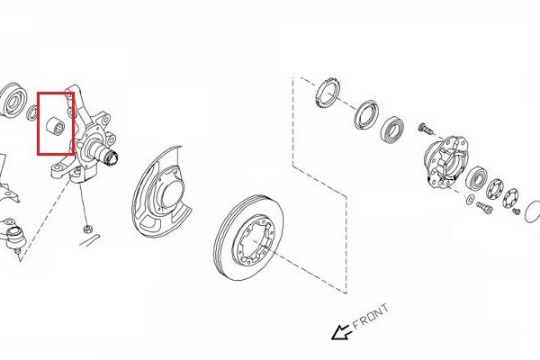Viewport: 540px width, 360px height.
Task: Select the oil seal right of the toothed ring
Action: pos(367,115)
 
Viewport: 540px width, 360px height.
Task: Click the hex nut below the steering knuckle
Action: pos(85,229)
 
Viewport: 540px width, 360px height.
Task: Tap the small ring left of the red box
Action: pos(32,112)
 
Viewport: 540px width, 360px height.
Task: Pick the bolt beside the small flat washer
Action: pos(484,208)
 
